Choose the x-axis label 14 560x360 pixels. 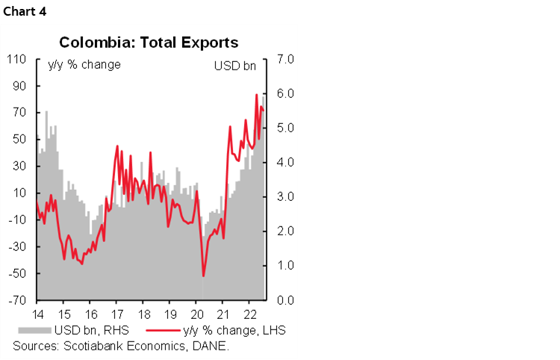tap(37, 314)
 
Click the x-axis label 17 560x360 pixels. tap(116, 314)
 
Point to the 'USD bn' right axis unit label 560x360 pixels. tap(235, 65)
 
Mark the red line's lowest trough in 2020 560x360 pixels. tap(203, 276)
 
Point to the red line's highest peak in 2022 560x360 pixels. tap(256, 95)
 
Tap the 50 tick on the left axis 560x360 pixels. tap(19, 139)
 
